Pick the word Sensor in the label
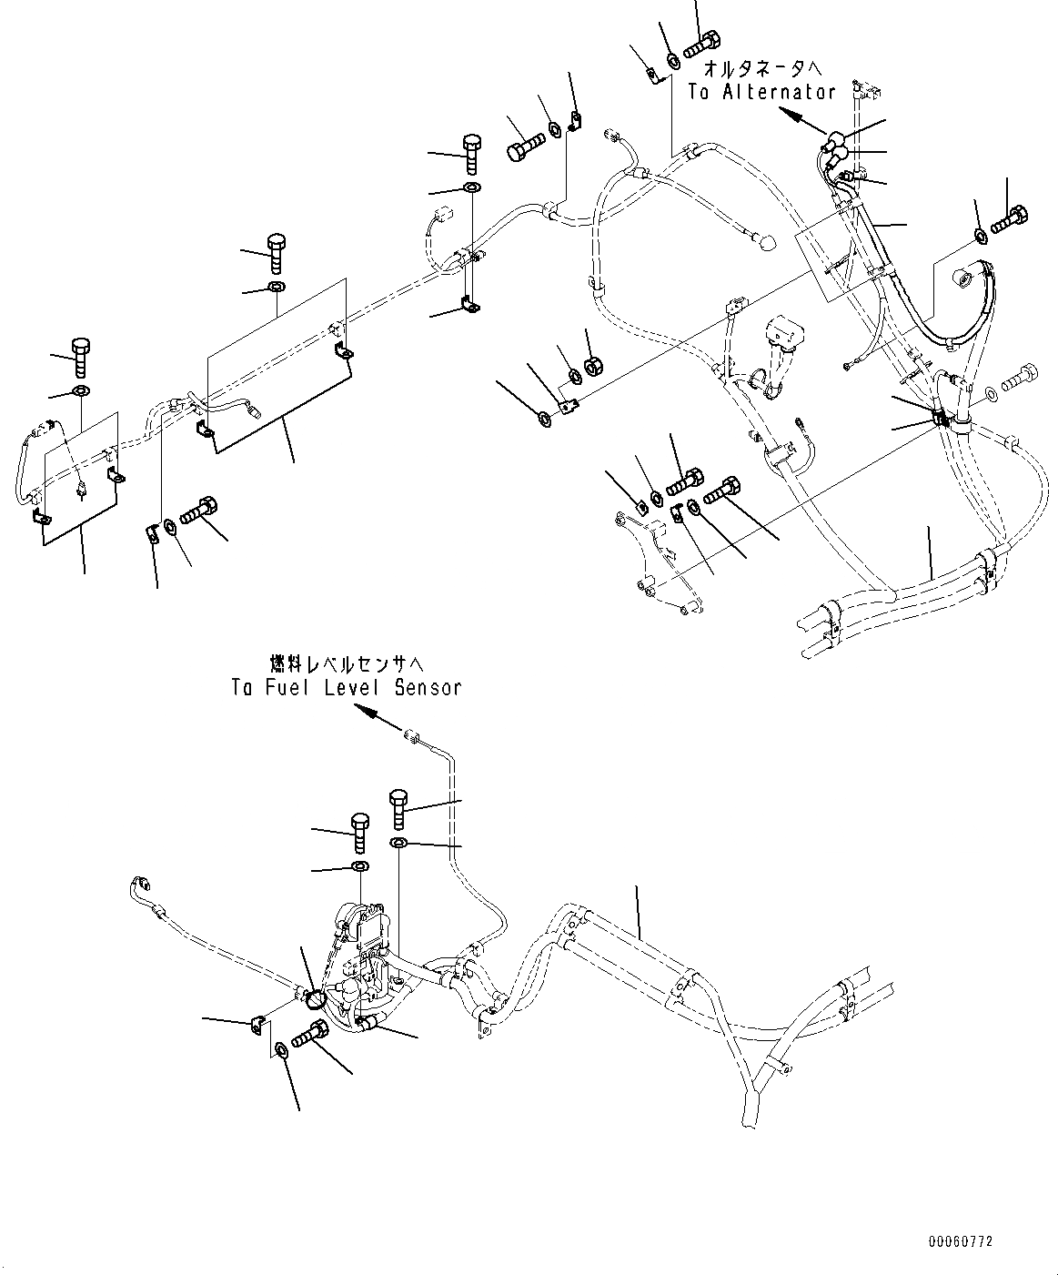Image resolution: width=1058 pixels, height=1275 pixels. tap(427, 687)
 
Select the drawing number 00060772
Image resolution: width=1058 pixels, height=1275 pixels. tap(961, 1240)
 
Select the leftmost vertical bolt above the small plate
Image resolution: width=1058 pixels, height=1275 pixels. tap(79, 355)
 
